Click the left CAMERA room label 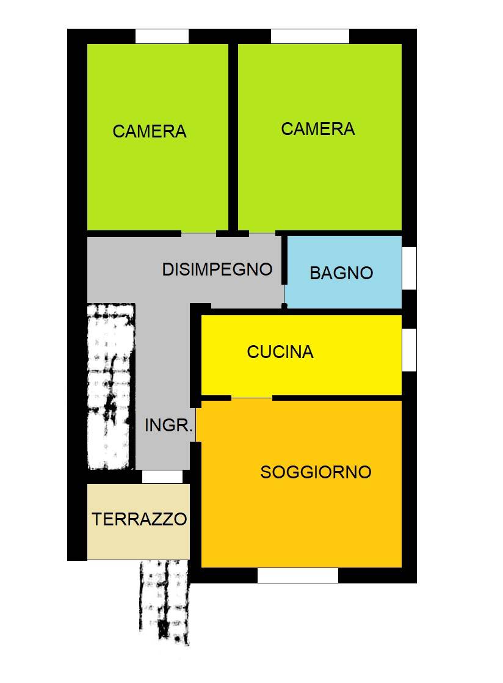pos(150,131)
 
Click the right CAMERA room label pos(317,129)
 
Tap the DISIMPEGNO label pos(217,269)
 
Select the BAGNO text pos(341,272)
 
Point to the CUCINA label pos(280,352)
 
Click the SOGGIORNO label pos(316,472)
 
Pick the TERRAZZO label pos(139,519)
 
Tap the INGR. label pos(168,426)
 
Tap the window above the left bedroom pos(162,37)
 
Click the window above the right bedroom pos(309,37)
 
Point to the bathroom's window pos(409,268)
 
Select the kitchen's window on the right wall pos(409,349)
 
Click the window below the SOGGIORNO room pos(297,575)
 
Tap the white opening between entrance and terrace pos(162,477)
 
